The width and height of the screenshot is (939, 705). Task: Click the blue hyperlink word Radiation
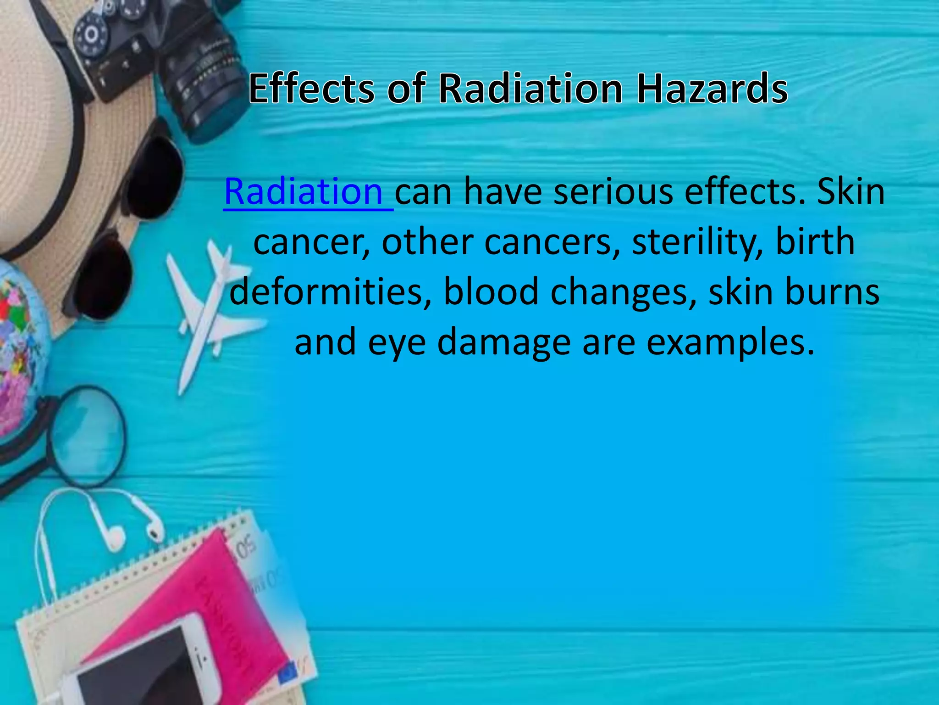(x=303, y=192)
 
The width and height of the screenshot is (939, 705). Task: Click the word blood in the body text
(x=491, y=292)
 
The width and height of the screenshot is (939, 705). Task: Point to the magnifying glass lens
(x=87, y=436)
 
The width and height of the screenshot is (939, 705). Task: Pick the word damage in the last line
(x=504, y=342)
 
